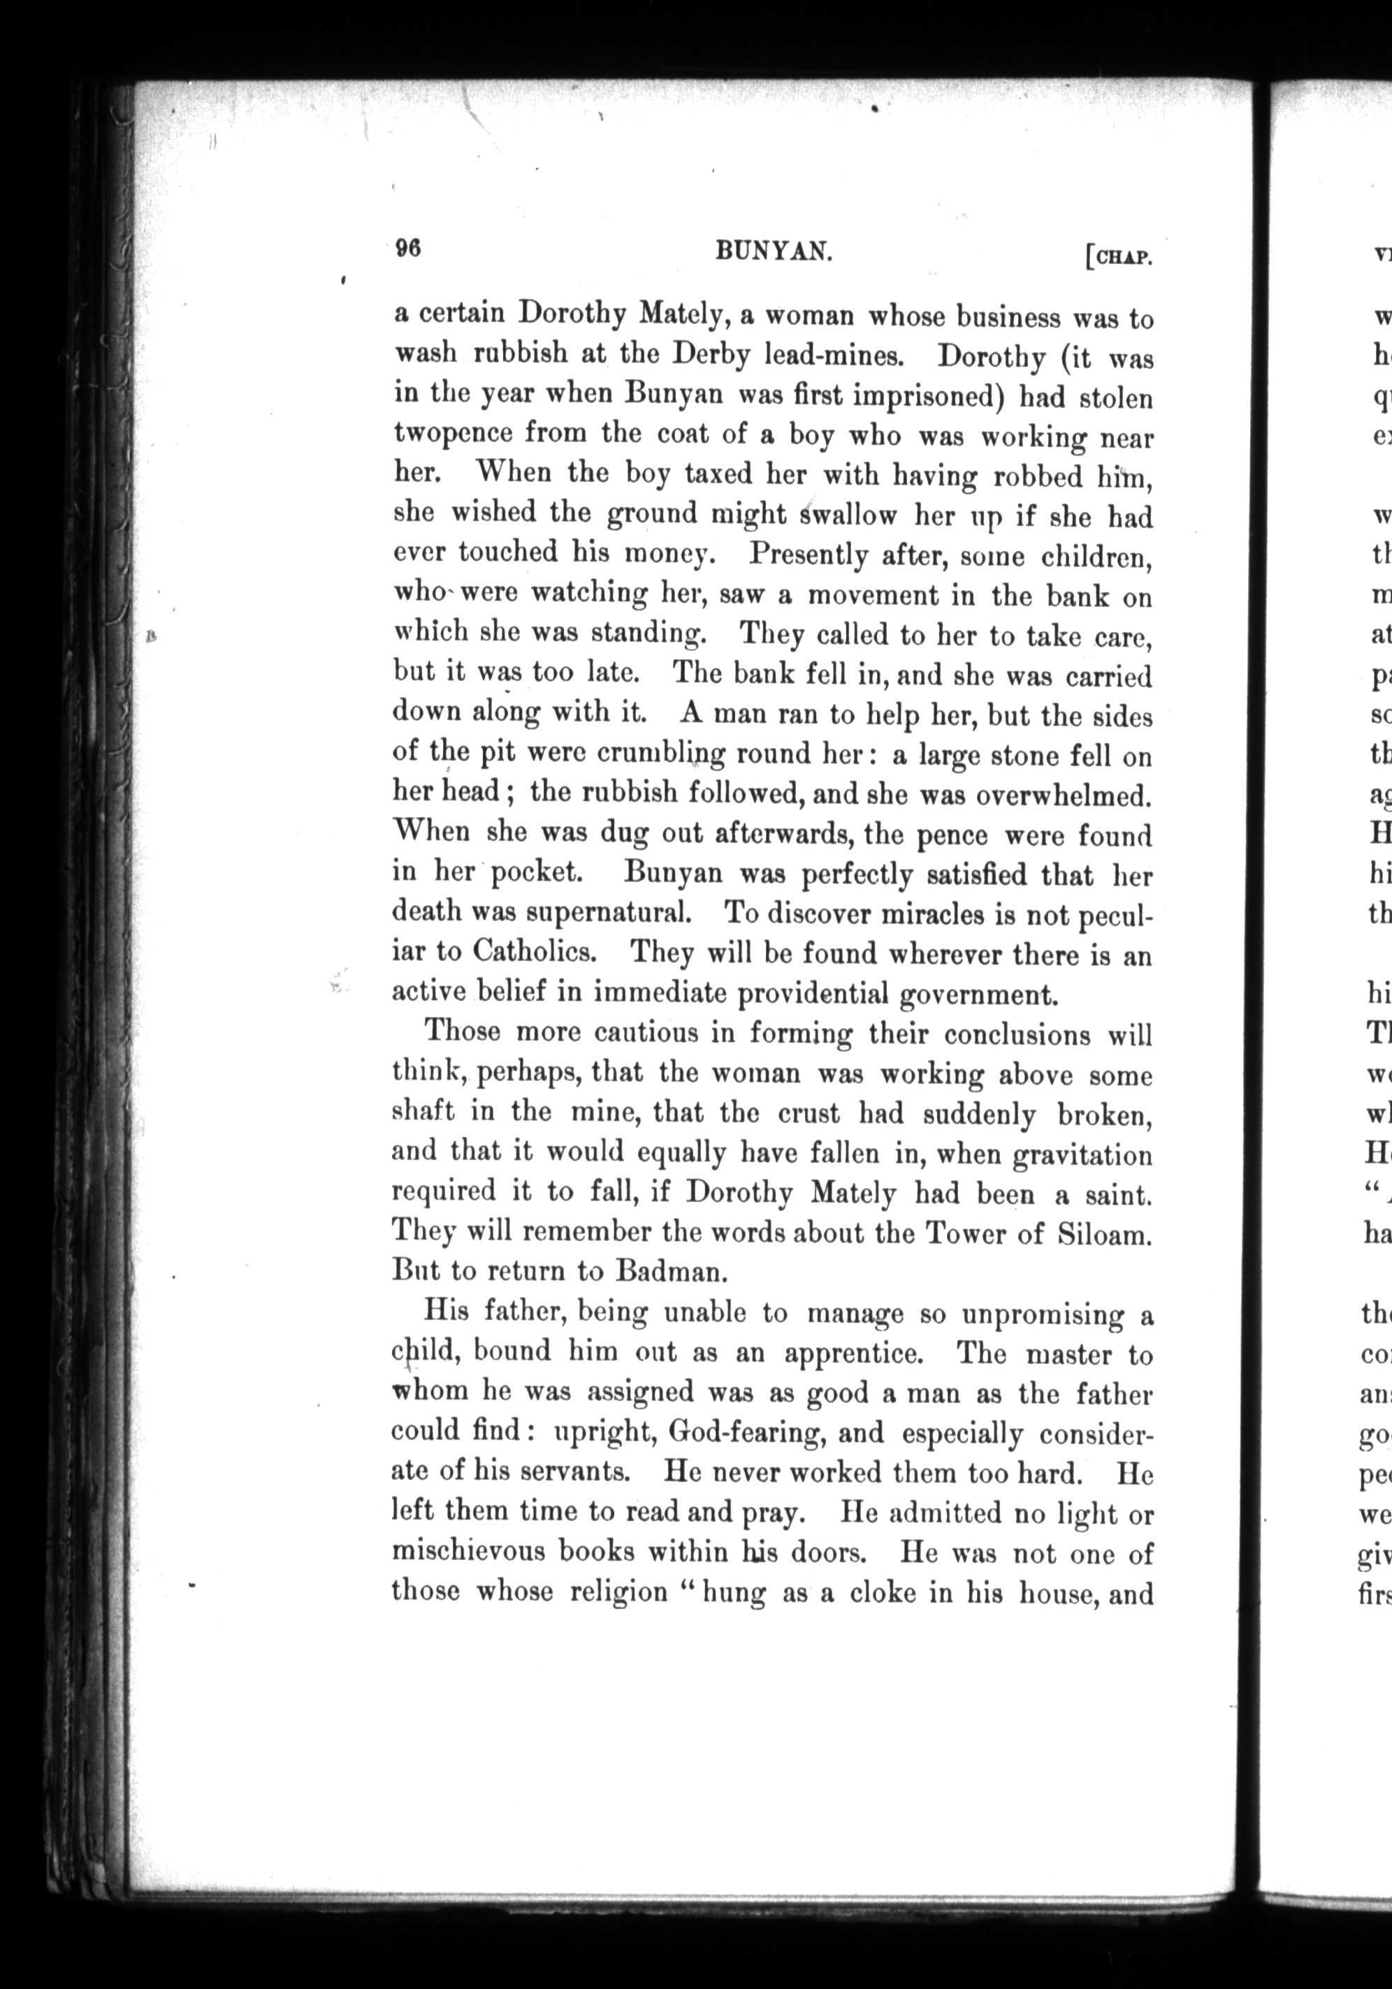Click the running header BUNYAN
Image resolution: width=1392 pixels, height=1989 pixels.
point(775,251)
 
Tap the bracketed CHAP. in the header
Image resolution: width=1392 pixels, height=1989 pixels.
point(1118,256)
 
